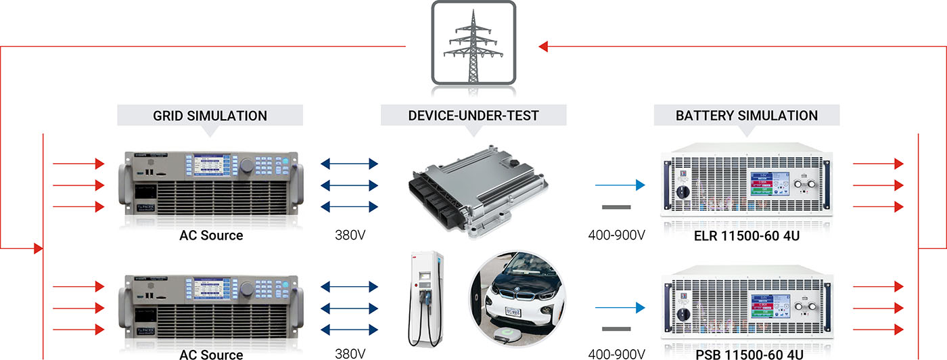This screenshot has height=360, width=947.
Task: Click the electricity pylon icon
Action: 473,44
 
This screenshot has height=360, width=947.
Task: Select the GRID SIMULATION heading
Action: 210,116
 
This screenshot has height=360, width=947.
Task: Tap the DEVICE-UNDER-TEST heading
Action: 473,116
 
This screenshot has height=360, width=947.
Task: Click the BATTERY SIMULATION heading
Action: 747,116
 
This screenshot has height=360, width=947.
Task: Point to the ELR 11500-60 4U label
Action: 747,236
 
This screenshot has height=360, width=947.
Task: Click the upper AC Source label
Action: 211,236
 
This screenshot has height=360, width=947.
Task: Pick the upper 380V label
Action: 350,236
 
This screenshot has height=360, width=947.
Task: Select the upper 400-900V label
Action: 616,236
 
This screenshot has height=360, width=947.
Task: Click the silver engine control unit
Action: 472,186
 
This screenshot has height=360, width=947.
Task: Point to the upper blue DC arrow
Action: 619,184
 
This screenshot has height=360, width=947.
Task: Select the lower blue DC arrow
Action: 619,309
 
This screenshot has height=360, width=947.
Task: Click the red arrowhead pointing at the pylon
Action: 544,47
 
